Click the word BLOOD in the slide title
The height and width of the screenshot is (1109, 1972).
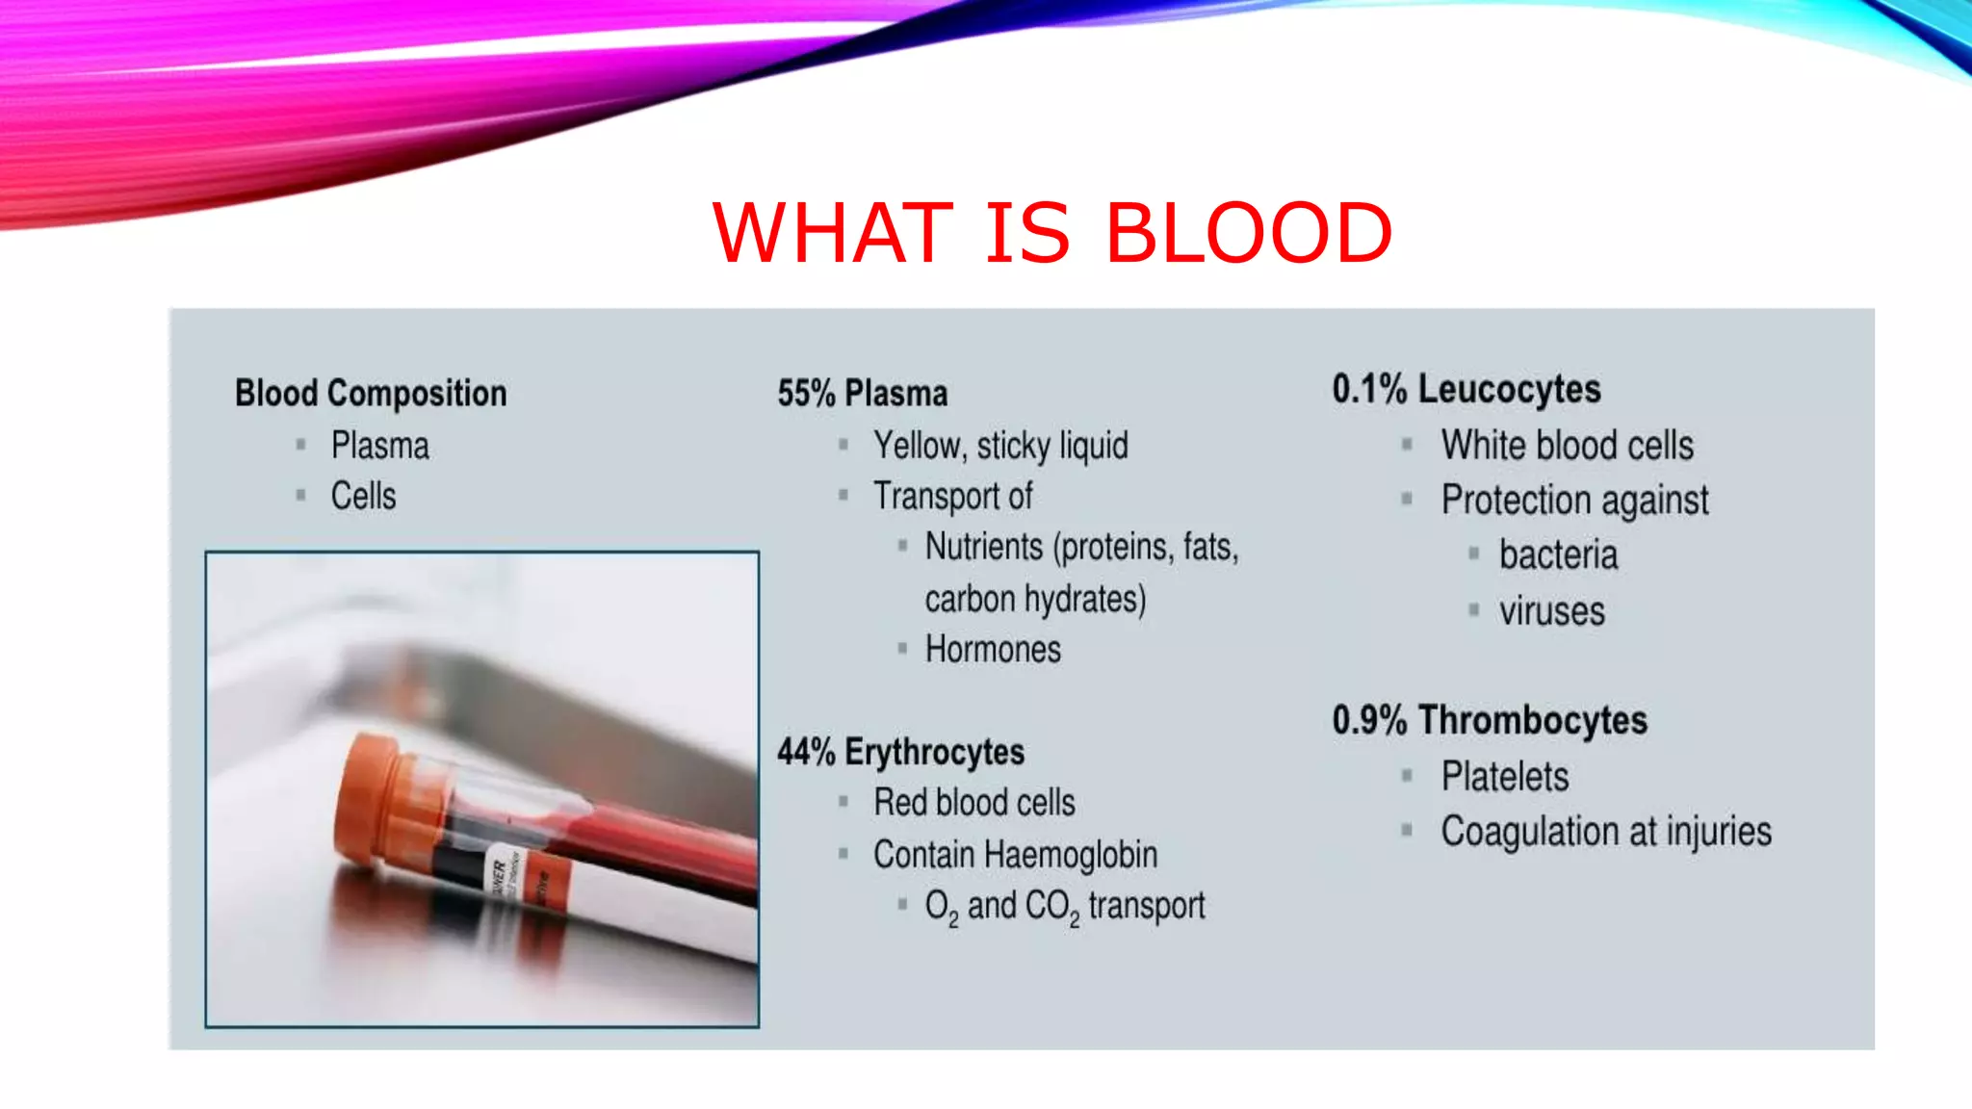click(1249, 233)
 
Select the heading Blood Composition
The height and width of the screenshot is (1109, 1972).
click(371, 394)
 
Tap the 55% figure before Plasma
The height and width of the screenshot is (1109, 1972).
click(806, 394)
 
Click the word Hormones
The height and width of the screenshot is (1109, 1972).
click(993, 650)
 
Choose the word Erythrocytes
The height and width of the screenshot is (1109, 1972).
click(934, 753)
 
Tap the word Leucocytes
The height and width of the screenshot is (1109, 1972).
click(1509, 390)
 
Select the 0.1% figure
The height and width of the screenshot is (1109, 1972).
click(1369, 390)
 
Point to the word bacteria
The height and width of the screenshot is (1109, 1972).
click(1558, 555)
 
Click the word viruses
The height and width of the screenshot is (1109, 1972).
click(1551, 612)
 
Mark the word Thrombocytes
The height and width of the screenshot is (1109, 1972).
click(1532, 721)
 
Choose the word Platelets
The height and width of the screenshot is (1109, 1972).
click(1504, 777)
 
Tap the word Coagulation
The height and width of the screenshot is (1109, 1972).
click(1529, 832)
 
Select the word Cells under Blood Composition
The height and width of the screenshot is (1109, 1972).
click(363, 497)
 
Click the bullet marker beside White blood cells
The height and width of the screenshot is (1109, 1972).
click(1407, 445)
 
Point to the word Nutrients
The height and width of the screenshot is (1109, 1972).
click(983, 547)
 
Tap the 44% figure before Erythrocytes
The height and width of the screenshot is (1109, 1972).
click(806, 753)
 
